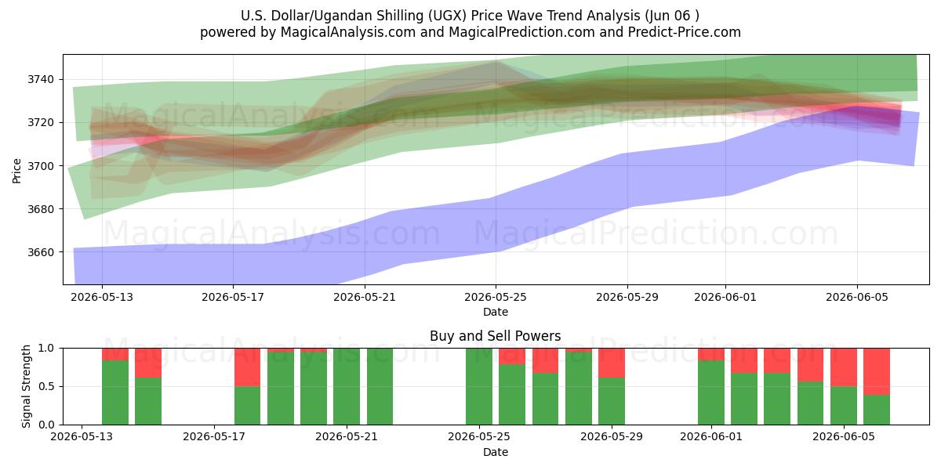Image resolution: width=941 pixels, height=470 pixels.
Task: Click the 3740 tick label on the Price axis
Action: click(41, 79)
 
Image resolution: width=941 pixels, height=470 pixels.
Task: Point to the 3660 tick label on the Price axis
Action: click(41, 252)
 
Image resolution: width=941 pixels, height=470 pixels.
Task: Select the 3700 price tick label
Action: click(41, 166)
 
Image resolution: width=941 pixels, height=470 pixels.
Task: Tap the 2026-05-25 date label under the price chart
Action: click(496, 297)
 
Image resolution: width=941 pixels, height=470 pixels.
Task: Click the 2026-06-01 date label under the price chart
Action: click(725, 297)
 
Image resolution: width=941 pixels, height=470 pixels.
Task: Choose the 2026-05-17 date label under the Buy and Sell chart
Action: click(214, 436)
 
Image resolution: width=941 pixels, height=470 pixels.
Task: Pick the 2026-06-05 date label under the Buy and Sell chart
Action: click(844, 436)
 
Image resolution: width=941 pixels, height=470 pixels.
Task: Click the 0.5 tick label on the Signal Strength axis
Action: click(46, 386)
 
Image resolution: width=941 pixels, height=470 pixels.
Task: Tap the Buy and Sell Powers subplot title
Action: click(496, 336)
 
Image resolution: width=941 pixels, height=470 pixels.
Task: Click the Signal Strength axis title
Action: click(26, 386)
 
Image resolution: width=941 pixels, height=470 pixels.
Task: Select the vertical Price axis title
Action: click(16, 171)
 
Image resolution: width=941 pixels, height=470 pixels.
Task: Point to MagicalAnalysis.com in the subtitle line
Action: click(348, 32)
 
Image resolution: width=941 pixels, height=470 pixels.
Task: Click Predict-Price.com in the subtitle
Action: click(685, 32)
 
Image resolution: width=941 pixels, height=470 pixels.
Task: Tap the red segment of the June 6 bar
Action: click(877, 371)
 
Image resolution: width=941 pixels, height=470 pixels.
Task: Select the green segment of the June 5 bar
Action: click(844, 406)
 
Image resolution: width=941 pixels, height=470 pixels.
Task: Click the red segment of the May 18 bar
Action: click(247, 367)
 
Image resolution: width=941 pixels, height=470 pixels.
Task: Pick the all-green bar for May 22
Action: click(380, 386)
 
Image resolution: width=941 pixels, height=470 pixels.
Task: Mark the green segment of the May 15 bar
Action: click(148, 401)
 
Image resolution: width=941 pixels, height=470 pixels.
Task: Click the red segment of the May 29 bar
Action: click(612, 363)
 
